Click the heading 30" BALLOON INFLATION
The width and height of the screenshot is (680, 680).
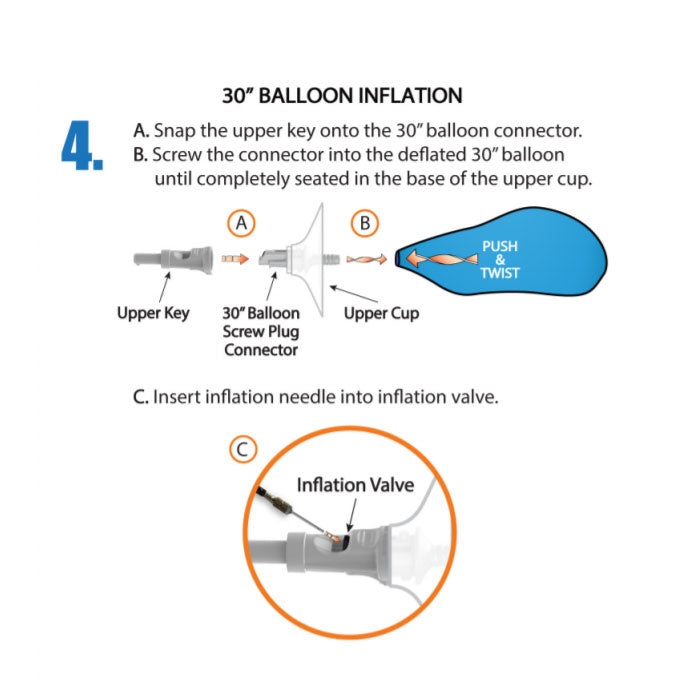click(x=342, y=95)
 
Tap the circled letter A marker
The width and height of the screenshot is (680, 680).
click(x=241, y=223)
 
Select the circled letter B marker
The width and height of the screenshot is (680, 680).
click(x=365, y=223)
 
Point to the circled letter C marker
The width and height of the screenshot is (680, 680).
click(x=243, y=449)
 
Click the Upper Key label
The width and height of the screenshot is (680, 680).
click(x=153, y=313)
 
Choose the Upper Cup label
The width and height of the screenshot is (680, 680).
click(x=381, y=313)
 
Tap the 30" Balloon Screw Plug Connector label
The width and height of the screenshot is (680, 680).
click(x=261, y=331)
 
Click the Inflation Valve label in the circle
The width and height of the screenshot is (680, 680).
click(x=355, y=485)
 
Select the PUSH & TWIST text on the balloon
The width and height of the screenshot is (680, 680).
click(x=500, y=259)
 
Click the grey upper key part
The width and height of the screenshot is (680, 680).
click(x=173, y=259)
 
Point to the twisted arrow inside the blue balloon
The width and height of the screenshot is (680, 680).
click(x=441, y=259)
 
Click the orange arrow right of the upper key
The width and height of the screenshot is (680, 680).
click(x=235, y=259)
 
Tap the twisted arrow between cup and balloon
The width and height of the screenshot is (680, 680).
click(x=366, y=259)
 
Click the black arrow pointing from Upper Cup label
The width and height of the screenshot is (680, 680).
click(x=354, y=294)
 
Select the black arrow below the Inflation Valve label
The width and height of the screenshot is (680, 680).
click(x=352, y=515)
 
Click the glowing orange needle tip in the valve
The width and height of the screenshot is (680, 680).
click(x=334, y=537)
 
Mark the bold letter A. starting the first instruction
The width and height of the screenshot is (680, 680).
click(x=141, y=131)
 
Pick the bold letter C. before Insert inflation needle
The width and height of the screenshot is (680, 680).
click(x=141, y=397)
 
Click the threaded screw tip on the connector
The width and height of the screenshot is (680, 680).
click(x=332, y=260)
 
